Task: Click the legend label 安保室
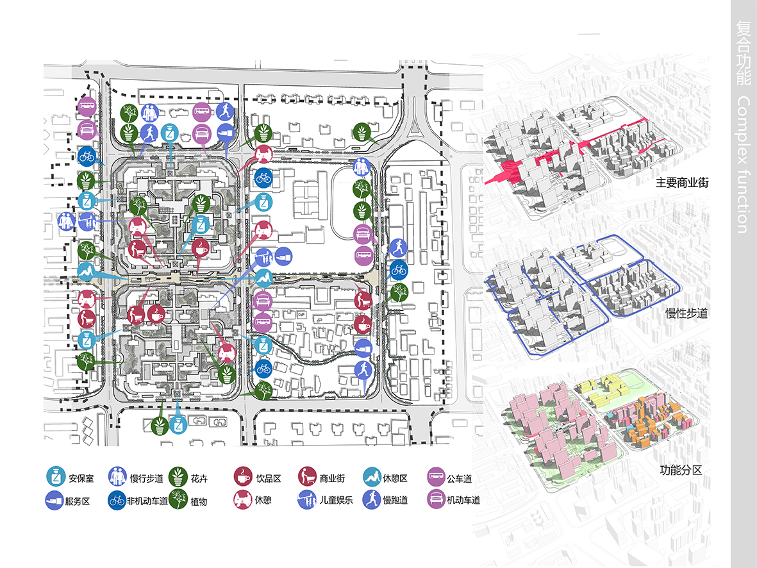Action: point(81,478)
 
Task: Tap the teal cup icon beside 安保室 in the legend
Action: point(56,476)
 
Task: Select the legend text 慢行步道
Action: point(146,478)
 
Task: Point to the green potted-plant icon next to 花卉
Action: point(178,476)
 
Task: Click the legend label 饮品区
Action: point(269,478)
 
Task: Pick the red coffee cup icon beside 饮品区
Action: point(243,476)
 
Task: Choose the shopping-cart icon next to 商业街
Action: point(307,476)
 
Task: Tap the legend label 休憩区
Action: point(395,478)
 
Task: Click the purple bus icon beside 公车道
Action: point(436,476)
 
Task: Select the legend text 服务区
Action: point(78,501)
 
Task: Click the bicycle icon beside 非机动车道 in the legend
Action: point(117,501)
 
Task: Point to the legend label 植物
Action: point(199,501)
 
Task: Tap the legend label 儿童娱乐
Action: point(336,501)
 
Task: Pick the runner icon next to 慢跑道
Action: point(372,499)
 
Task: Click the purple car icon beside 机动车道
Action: point(436,499)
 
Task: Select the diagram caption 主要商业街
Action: point(682,183)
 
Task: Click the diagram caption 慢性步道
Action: point(686,313)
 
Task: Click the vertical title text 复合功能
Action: point(744,53)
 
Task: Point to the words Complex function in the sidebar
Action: point(744,165)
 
